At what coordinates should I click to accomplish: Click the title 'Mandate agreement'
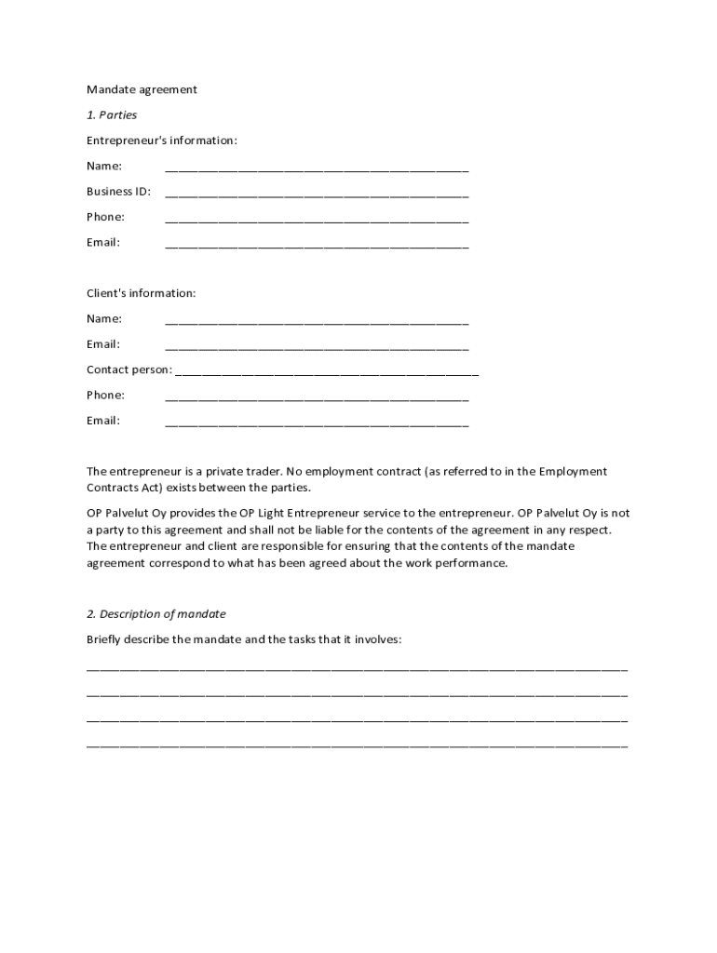[x=142, y=90]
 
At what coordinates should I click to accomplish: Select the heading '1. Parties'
[x=112, y=115]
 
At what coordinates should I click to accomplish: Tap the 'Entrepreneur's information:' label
[x=162, y=141]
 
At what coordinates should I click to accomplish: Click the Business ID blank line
[x=317, y=195]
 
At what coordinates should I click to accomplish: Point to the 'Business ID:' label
[x=118, y=192]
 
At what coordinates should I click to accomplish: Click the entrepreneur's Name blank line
[x=317, y=170]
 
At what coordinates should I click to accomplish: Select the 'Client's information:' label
[x=142, y=293]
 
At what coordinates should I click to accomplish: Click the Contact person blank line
[x=327, y=373]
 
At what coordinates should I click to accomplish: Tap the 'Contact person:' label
[x=129, y=369]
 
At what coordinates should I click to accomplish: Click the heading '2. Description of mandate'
[x=156, y=614]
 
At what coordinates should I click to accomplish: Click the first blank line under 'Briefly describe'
[x=358, y=669]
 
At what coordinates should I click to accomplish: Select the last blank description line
[x=358, y=746]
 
